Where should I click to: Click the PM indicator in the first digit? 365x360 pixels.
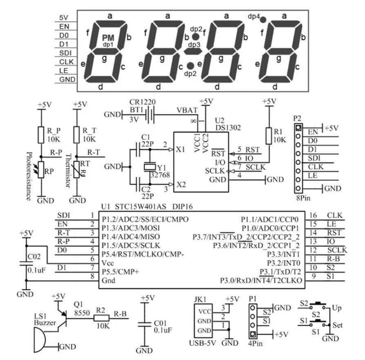tap(108, 38)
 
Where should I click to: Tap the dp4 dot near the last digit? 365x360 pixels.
tap(263, 19)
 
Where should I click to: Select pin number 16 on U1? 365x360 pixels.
tap(314, 215)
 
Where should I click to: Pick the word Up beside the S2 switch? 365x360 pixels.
tap(337, 307)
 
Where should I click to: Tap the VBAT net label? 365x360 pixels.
tap(187, 110)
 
